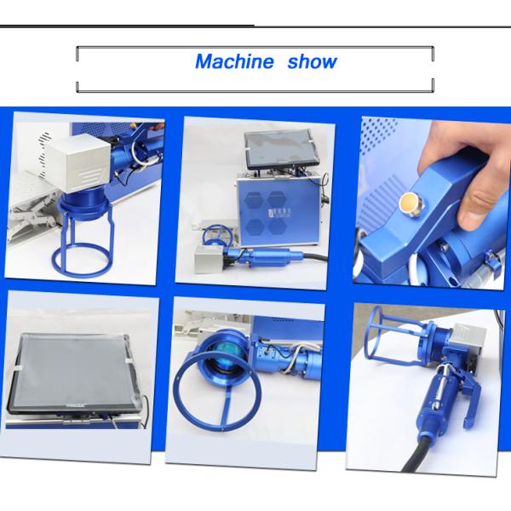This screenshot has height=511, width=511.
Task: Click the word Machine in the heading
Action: click(234, 62)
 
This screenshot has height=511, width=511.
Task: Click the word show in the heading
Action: click(312, 62)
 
